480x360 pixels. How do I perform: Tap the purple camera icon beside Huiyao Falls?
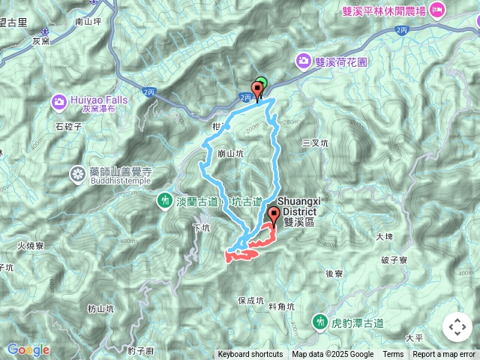[x=58, y=100]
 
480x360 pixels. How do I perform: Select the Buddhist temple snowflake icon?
[x=77, y=175]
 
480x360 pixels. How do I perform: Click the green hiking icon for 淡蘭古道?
[x=165, y=201]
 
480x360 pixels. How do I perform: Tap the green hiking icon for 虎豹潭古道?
[x=321, y=322]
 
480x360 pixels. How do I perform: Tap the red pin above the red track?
[x=272, y=217]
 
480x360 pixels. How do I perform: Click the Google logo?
[x=28, y=349]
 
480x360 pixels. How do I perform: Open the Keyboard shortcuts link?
[x=250, y=355]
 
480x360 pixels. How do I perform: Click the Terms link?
[x=393, y=355]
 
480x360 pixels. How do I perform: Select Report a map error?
[x=444, y=355]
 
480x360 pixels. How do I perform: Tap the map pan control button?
[x=457, y=327]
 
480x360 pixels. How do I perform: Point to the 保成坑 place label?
[x=250, y=300]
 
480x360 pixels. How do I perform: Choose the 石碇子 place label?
[x=69, y=127]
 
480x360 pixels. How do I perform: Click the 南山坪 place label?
[x=88, y=22]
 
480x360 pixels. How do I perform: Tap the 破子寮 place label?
[x=394, y=260]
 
